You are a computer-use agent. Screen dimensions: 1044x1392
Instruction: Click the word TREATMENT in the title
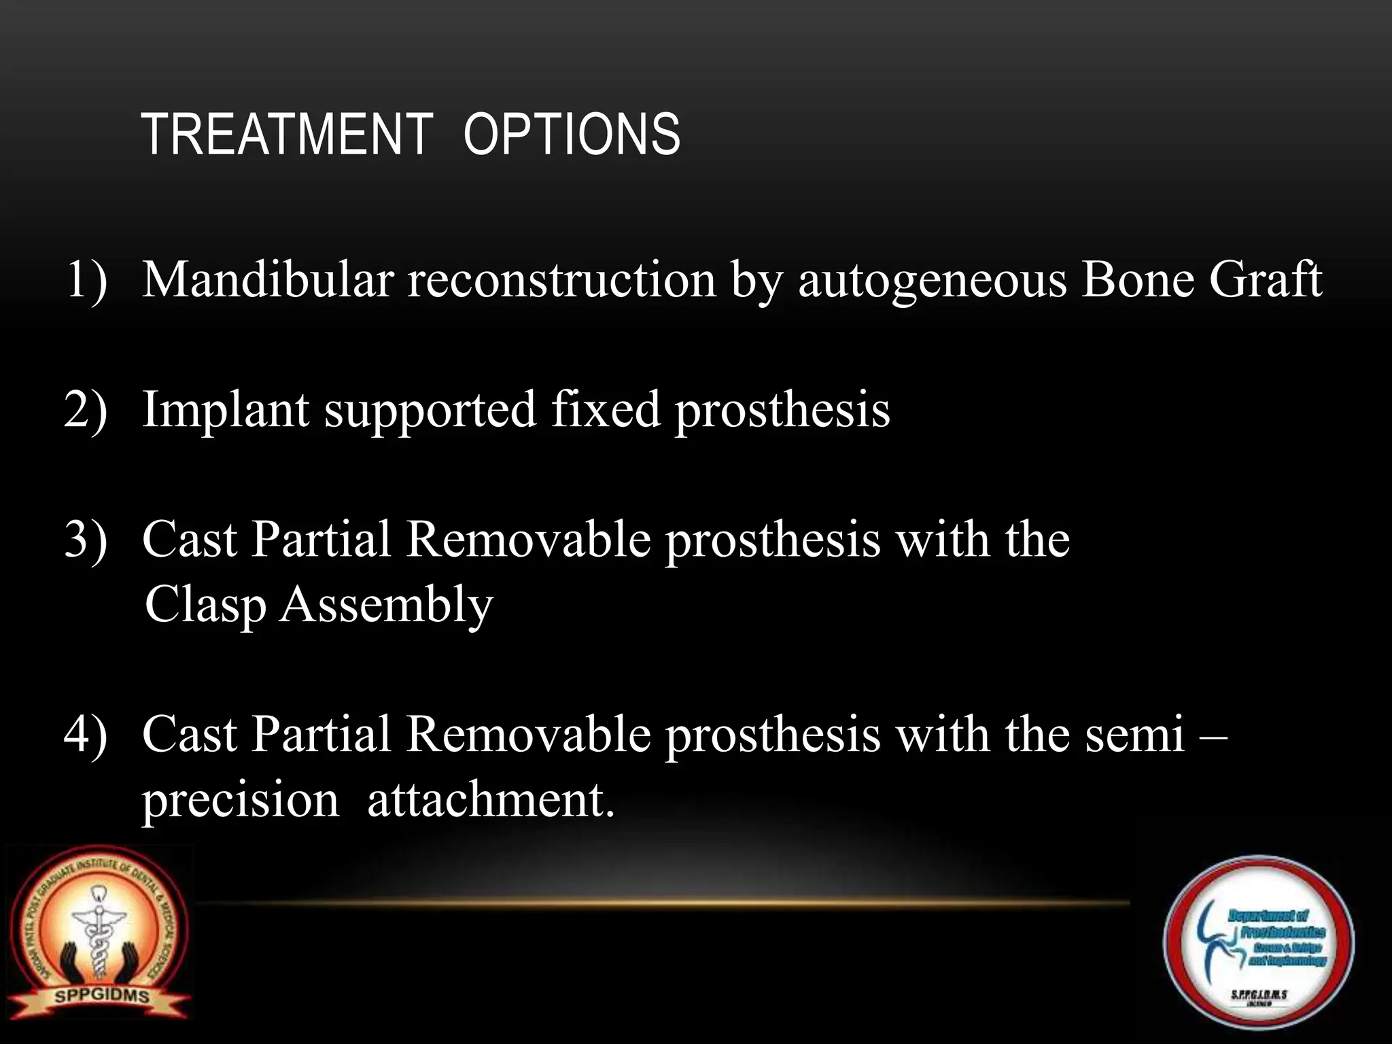(x=288, y=135)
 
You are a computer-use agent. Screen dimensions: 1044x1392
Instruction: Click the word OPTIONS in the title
(x=572, y=135)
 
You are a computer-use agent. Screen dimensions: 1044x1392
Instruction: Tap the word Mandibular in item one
(x=268, y=279)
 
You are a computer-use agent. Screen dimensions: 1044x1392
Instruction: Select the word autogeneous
(x=932, y=281)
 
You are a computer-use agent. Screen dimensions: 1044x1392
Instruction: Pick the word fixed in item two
(x=606, y=409)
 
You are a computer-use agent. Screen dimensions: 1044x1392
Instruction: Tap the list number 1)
(x=87, y=279)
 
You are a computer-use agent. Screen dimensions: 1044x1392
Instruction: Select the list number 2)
(x=86, y=410)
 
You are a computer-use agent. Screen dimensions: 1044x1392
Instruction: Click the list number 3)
(x=86, y=540)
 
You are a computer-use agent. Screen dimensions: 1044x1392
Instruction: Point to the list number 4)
(x=86, y=735)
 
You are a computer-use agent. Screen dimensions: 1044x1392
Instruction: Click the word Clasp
(x=205, y=604)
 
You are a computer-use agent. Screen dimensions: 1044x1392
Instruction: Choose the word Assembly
(x=386, y=604)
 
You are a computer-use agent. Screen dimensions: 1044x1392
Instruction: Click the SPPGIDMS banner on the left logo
(x=102, y=997)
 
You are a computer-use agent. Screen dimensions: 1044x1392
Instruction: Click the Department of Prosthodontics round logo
(x=1258, y=943)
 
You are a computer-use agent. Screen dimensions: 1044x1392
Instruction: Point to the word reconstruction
(x=561, y=279)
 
